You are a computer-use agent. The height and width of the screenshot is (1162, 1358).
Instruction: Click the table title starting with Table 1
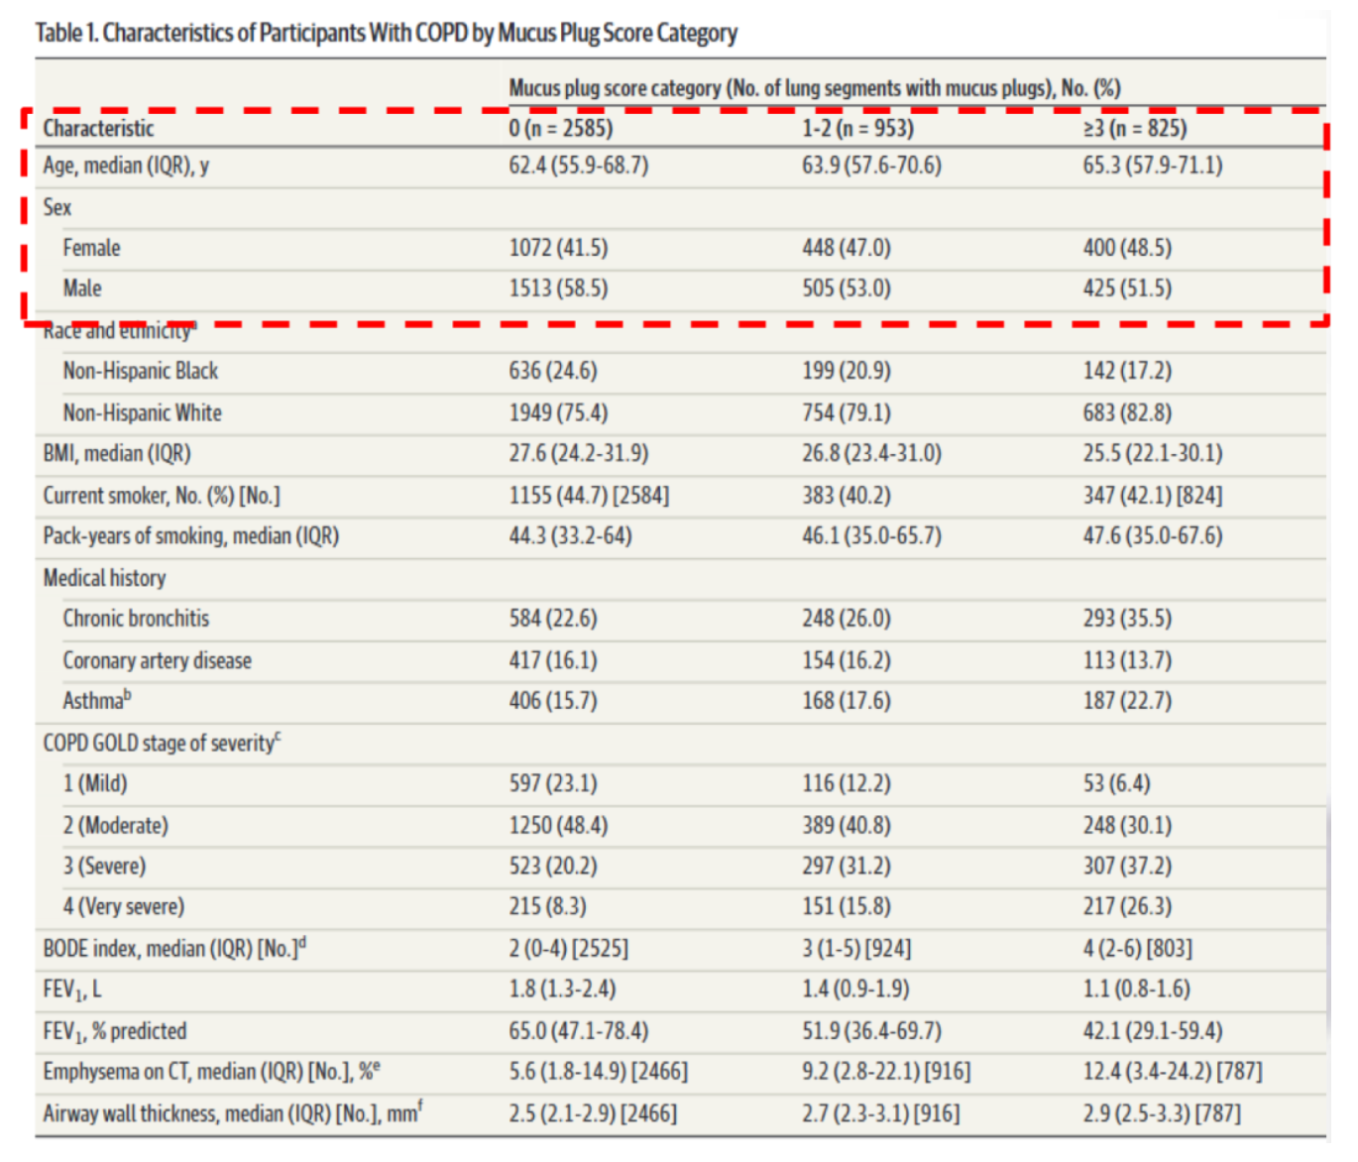(x=387, y=33)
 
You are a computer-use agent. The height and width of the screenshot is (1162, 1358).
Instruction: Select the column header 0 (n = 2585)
(x=560, y=128)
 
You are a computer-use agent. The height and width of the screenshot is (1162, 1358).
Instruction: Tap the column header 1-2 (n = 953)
(x=857, y=128)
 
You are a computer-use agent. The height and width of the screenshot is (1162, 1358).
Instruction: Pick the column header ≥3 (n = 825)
(x=1135, y=128)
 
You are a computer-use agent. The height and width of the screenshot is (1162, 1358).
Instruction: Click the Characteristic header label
(x=98, y=128)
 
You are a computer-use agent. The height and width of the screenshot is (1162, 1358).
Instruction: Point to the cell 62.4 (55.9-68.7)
(x=578, y=165)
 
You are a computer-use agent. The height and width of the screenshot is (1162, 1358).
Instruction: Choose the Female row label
(x=91, y=248)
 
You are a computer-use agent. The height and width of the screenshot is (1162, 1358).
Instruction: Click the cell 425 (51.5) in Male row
(x=1127, y=289)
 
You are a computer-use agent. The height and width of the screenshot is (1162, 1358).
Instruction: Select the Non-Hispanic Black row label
(x=140, y=371)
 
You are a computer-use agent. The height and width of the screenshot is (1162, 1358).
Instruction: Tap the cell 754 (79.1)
(x=847, y=412)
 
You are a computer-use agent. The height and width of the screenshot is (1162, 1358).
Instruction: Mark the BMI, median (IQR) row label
(x=117, y=453)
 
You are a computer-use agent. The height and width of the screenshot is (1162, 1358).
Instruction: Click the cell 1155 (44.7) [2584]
(x=589, y=496)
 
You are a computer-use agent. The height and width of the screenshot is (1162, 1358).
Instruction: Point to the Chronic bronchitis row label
(x=136, y=619)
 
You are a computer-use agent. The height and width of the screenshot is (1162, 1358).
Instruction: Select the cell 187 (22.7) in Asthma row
(x=1127, y=701)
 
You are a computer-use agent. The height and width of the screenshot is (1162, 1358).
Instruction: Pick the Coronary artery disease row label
(x=157, y=660)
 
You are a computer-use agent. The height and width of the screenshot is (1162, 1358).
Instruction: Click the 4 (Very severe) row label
(x=124, y=907)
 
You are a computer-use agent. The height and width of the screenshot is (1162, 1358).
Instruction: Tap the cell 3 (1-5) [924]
(x=856, y=949)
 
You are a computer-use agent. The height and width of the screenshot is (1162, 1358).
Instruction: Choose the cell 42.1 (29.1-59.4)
(x=1153, y=1030)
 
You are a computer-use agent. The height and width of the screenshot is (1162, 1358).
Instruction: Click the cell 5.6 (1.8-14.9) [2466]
(x=598, y=1072)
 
